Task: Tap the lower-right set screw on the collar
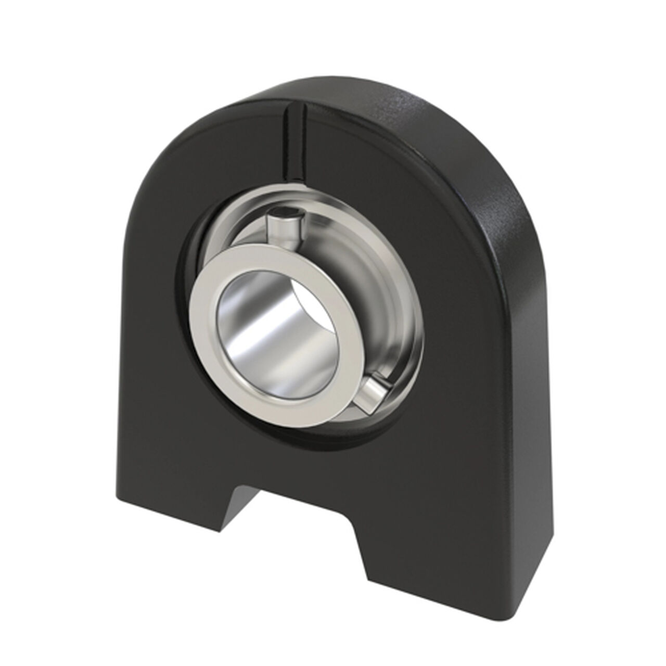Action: [x=374, y=391]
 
